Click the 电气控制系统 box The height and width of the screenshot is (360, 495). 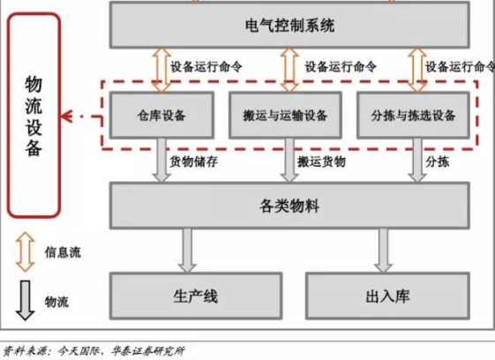click(289, 25)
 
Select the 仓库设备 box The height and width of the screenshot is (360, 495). click(161, 116)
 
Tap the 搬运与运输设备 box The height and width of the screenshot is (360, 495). click(285, 116)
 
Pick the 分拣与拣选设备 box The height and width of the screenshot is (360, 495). click(413, 116)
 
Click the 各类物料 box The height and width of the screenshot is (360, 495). click(289, 206)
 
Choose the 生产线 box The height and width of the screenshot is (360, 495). click(196, 296)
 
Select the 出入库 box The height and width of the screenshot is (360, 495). click(387, 296)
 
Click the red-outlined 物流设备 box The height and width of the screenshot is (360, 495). click(34, 116)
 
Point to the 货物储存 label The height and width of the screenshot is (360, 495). click(193, 161)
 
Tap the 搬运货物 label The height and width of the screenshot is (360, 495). click(321, 161)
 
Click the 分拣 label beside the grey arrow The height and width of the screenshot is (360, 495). click(438, 161)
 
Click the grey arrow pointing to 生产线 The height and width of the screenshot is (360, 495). click(187, 251)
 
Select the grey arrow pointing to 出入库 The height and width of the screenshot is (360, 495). click(383, 251)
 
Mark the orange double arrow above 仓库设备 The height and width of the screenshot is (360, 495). click(161, 70)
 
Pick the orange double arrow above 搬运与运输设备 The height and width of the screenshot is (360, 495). click(289, 70)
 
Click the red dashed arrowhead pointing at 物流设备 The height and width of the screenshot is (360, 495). click(67, 116)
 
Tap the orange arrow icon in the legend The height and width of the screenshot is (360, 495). click(26, 252)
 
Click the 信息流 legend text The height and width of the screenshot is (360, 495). click(63, 252)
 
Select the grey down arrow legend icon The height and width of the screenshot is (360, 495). click(26, 300)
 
